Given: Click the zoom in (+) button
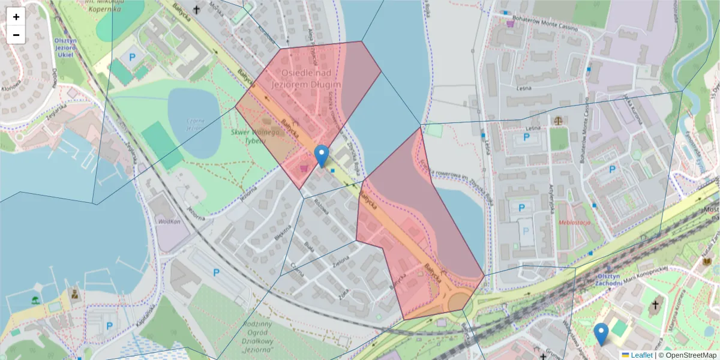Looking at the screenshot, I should tap(16, 17).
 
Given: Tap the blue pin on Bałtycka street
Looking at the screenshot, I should tap(322, 156).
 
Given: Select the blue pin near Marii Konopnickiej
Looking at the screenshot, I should tap(601, 334).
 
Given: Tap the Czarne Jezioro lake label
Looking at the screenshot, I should tap(196, 124).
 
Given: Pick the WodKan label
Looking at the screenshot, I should tap(169, 221).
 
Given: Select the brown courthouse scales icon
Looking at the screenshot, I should tap(559, 121).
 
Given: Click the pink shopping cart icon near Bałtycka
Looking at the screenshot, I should tap(304, 169).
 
